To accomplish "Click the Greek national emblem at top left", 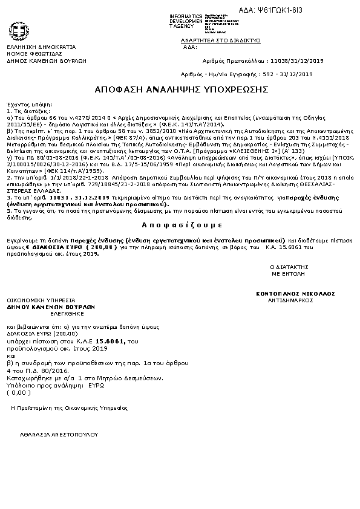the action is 16,31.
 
